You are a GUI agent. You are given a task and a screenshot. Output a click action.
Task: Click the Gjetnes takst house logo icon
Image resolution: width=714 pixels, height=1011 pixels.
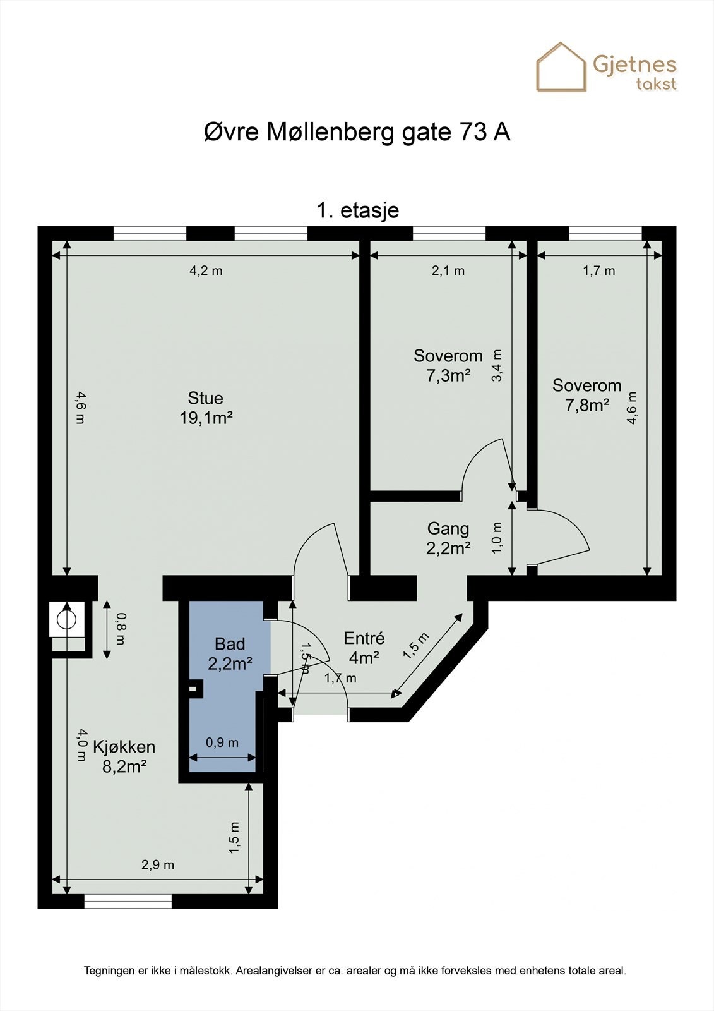[x=561, y=67]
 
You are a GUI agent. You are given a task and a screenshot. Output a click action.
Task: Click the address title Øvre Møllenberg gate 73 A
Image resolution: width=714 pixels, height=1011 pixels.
[x=357, y=133]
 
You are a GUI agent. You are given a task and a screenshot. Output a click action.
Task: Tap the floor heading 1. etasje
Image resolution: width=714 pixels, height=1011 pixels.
[x=357, y=210]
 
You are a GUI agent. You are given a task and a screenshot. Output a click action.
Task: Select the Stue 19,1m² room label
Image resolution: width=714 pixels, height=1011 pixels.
[x=206, y=408]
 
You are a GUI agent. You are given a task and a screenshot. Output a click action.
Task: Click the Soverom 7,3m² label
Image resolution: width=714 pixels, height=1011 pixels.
[x=448, y=365]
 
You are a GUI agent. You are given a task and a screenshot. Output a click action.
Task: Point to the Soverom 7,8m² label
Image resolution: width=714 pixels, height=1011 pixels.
[x=586, y=395]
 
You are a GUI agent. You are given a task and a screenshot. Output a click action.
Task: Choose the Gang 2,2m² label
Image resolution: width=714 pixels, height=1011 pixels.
[x=448, y=538]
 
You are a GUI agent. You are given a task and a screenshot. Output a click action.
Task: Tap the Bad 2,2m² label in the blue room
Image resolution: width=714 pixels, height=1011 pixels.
[x=230, y=653]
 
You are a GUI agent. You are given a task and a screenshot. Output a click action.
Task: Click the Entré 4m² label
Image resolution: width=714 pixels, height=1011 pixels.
[x=364, y=648]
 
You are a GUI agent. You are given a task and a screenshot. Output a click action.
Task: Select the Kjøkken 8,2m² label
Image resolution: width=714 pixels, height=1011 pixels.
[x=124, y=756]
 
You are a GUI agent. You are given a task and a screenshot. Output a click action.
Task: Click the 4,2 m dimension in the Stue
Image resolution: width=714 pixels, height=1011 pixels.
[x=206, y=270]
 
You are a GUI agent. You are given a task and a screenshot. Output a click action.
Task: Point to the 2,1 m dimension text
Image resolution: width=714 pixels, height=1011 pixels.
[x=448, y=270]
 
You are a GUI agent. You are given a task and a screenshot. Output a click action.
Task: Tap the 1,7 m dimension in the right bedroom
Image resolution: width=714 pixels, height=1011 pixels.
[x=598, y=270]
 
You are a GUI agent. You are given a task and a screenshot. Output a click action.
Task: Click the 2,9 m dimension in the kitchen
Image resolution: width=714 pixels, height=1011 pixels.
[x=157, y=864]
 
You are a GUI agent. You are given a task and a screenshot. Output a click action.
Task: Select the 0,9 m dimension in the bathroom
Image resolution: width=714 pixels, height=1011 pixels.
[x=222, y=742]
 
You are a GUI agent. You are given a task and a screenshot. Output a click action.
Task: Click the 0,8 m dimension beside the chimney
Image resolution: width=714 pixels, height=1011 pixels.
[x=119, y=628]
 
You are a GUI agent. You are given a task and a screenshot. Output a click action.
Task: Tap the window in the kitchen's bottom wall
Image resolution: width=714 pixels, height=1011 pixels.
[x=128, y=902]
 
